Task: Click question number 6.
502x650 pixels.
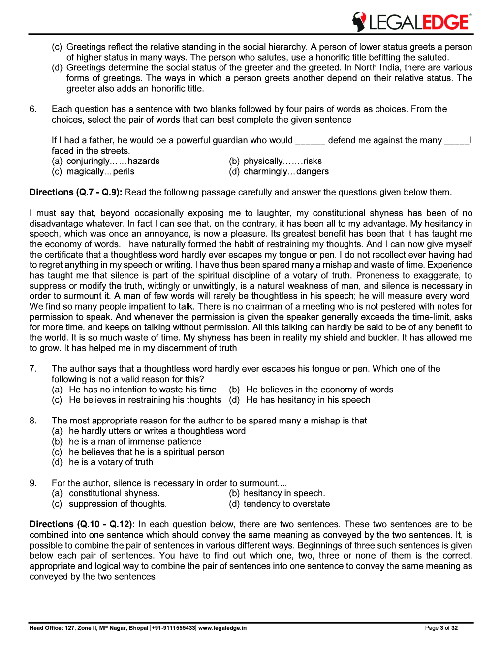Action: coord(33,109)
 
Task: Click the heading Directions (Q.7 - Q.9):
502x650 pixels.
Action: coord(76,192)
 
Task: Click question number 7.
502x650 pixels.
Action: coord(33,369)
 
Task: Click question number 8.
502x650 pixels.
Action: coord(33,421)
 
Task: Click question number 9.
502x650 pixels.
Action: coord(33,483)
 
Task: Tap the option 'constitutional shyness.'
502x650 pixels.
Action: coord(114,493)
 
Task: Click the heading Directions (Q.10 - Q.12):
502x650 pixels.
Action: coord(82,524)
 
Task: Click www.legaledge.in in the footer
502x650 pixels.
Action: coord(222,628)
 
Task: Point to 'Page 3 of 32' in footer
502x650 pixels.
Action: coord(441,628)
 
